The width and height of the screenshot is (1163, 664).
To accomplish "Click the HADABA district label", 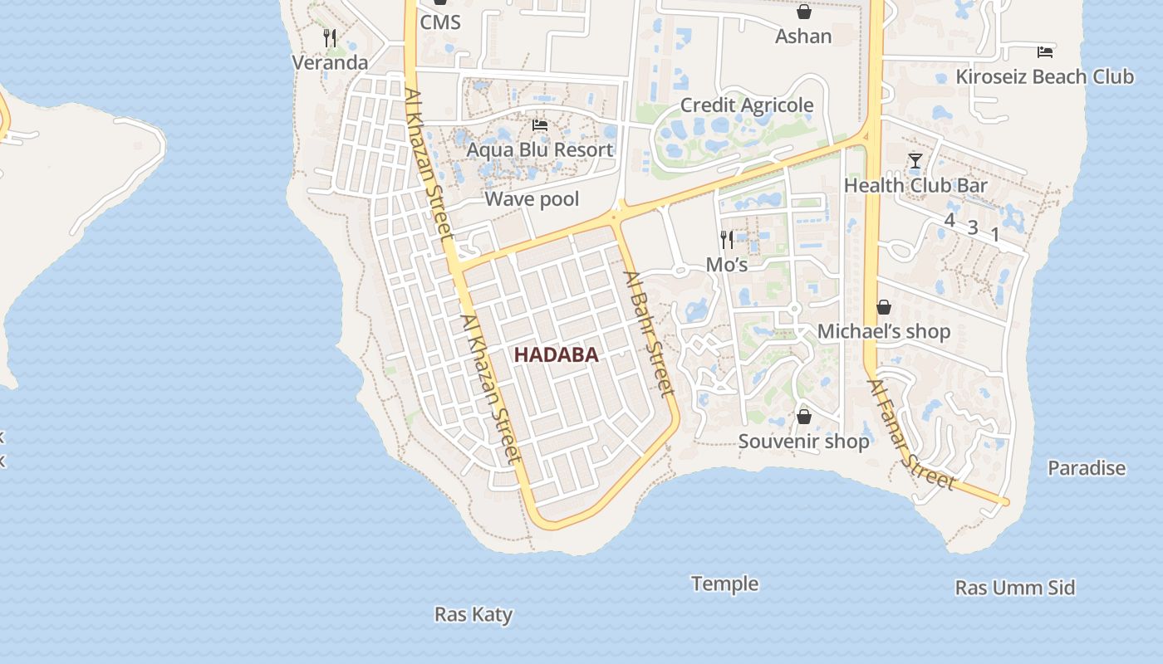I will pyautogui.click(x=556, y=355).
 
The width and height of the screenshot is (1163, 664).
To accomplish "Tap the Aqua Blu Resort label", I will pyautogui.click(x=540, y=150).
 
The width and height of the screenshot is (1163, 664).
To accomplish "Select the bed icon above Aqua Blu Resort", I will pyautogui.click(x=540, y=126).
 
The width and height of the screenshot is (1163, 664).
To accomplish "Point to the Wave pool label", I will pyautogui.click(x=532, y=199).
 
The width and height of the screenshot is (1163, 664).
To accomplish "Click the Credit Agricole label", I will pyautogui.click(x=747, y=105).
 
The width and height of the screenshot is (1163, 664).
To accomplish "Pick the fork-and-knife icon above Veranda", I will pyautogui.click(x=330, y=37).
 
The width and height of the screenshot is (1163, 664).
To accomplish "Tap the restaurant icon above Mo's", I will pyautogui.click(x=727, y=240).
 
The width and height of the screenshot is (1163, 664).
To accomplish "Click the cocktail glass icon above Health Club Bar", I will pyautogui.click(x=915, y=161).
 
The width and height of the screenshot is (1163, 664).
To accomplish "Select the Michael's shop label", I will pyautogui.click(x=884, y=332).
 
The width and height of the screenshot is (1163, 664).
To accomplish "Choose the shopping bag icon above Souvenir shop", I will pyautogui.click(x=803, y=417).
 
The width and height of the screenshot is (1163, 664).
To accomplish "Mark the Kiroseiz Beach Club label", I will pyautogui.click(x=1044, y=77).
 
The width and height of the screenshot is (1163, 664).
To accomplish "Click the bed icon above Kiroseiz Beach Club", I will pyautogui.click(x=1045, y=52).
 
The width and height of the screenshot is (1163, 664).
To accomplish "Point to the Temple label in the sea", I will pyautogui.click(x=725, y=584).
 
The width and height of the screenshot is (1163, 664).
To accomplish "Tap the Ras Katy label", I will pyautogui.click(x=474, y=615).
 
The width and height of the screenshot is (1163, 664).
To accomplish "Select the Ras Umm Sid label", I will pyautogui.click(x=1015, y=588).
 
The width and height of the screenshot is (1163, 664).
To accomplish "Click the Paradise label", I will pyautogui.click(x=1087, y=468).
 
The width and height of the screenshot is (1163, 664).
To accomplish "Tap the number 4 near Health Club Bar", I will pyautogui.click(x=950, y=220).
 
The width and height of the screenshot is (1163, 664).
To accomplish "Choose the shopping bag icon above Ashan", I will pyautogui.click(x=803, y=12).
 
